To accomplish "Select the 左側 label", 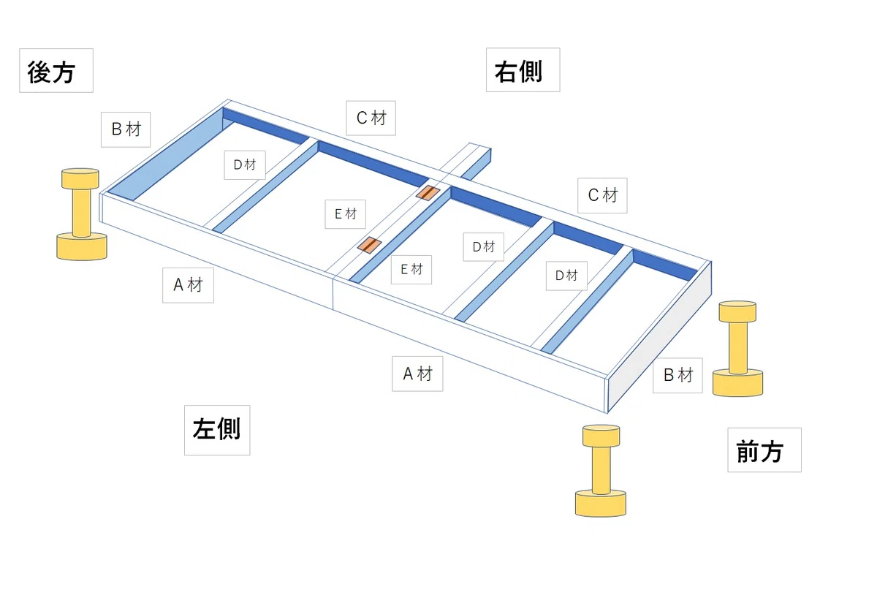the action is pyautogui.click(x=217, y=430).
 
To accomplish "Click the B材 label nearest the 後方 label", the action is pyautogui.click(x=126, y=129).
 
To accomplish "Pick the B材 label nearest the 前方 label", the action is pyautogui.click(x=677, y=375).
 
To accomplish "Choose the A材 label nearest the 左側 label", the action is pyautogui.click(x=188, y=285).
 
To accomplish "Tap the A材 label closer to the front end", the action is pyautogui.click(x=417, y=374).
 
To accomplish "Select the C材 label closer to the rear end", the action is pyautogui.click(x=371, y=118).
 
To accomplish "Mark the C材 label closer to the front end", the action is pyautogui.click(x=602, y=195).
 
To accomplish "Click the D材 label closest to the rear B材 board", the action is pyautogui.click(x=245, y=165).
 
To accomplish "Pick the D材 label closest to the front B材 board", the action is pyautogui.click(x=566, y=276).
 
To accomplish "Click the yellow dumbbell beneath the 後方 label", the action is pyautogui.click(x=81, y=213).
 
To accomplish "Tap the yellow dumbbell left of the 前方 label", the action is pyautogui.click(x=601, y=470).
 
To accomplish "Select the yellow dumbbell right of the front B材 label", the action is pyautogui.click(x=737, y=348).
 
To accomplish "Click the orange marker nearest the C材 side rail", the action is pyautogui.click(x=428, y=192).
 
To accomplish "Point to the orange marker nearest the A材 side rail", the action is pyautogui.click(x=369, y=245).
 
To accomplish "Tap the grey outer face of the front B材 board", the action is pyautogui.click(x=660, y=337).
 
